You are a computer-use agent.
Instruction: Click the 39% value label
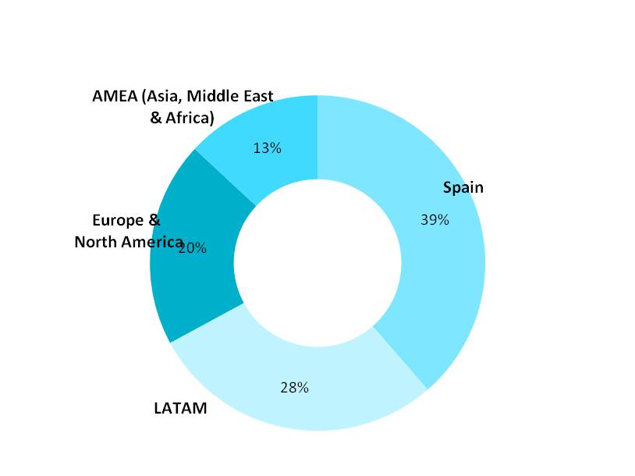435,220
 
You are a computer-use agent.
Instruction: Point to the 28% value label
295,387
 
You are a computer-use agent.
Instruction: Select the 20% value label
193,248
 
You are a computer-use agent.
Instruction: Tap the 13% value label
267,147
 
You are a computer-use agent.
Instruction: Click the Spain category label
463,187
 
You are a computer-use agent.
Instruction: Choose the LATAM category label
180,408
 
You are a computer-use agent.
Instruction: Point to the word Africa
189,119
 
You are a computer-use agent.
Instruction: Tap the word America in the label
151,242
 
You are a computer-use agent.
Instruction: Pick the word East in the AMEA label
258,96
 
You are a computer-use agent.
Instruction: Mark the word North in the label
94,242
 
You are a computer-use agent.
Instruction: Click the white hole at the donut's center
317,263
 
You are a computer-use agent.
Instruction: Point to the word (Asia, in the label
161,97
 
